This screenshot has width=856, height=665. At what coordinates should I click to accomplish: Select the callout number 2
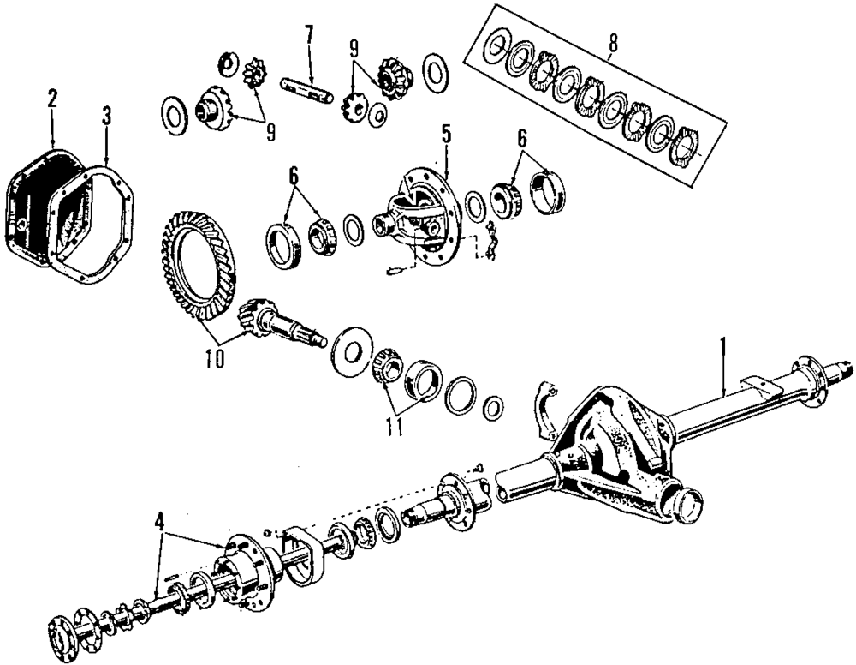[52, 99]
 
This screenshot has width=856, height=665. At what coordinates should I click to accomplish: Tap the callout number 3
[105, 117]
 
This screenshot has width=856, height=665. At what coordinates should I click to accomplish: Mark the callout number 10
[214, 359]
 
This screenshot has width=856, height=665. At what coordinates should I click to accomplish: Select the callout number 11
[393, 426]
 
